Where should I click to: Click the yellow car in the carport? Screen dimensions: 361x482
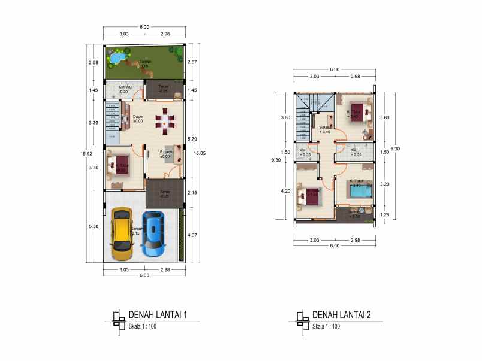(122, 233)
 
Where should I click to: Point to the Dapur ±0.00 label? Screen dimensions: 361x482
(138, 119)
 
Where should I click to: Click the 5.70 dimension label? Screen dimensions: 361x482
(191, 139)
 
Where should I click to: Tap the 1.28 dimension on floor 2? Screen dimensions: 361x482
(385, 214)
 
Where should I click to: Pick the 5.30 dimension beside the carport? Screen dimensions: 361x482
(94, 226)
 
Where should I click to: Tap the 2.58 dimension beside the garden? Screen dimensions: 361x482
(94, 62)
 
